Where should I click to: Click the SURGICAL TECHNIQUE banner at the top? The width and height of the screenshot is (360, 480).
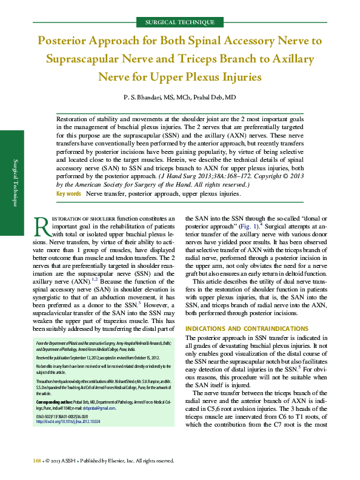pos(180,22)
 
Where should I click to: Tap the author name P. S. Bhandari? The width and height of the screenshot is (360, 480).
pos(144,98)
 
